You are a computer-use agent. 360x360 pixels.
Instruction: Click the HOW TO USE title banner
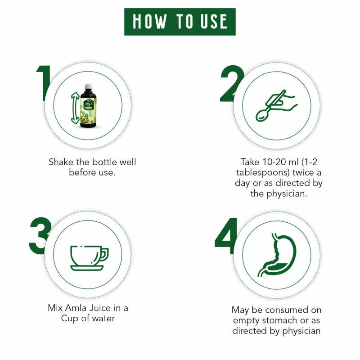(180, 21)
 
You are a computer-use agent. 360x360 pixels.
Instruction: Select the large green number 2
(232, 83)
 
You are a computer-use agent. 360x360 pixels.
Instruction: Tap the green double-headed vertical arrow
(75, 108)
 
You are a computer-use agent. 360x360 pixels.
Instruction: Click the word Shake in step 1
(60, 162)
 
